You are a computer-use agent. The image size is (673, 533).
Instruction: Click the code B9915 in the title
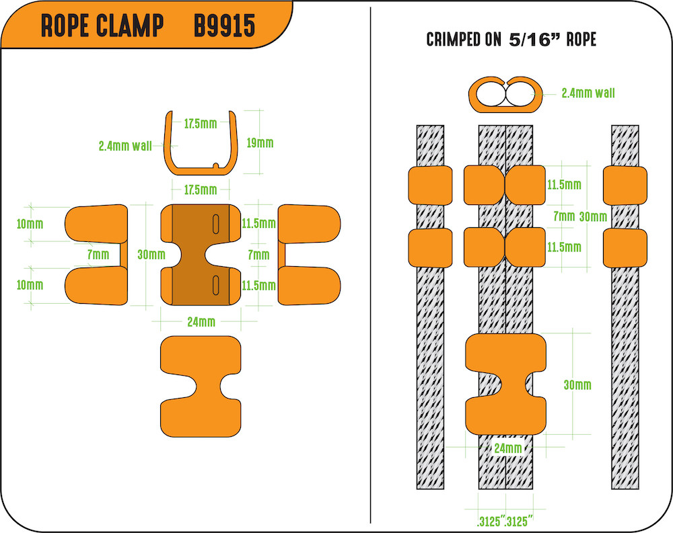coord(224,26)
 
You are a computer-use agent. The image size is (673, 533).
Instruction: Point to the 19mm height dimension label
coord(260,142)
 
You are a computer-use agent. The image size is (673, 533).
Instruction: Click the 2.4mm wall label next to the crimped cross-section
coord(588,93)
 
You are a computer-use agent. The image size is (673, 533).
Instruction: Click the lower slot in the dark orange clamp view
coord(215,284)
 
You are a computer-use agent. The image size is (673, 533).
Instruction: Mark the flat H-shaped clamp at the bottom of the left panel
coord(200,387)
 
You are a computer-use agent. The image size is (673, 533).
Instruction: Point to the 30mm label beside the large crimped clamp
coord(577,384)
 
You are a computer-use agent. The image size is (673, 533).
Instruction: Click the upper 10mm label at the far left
coord(30,223)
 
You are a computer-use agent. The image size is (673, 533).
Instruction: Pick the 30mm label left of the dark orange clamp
coord(151,255)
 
